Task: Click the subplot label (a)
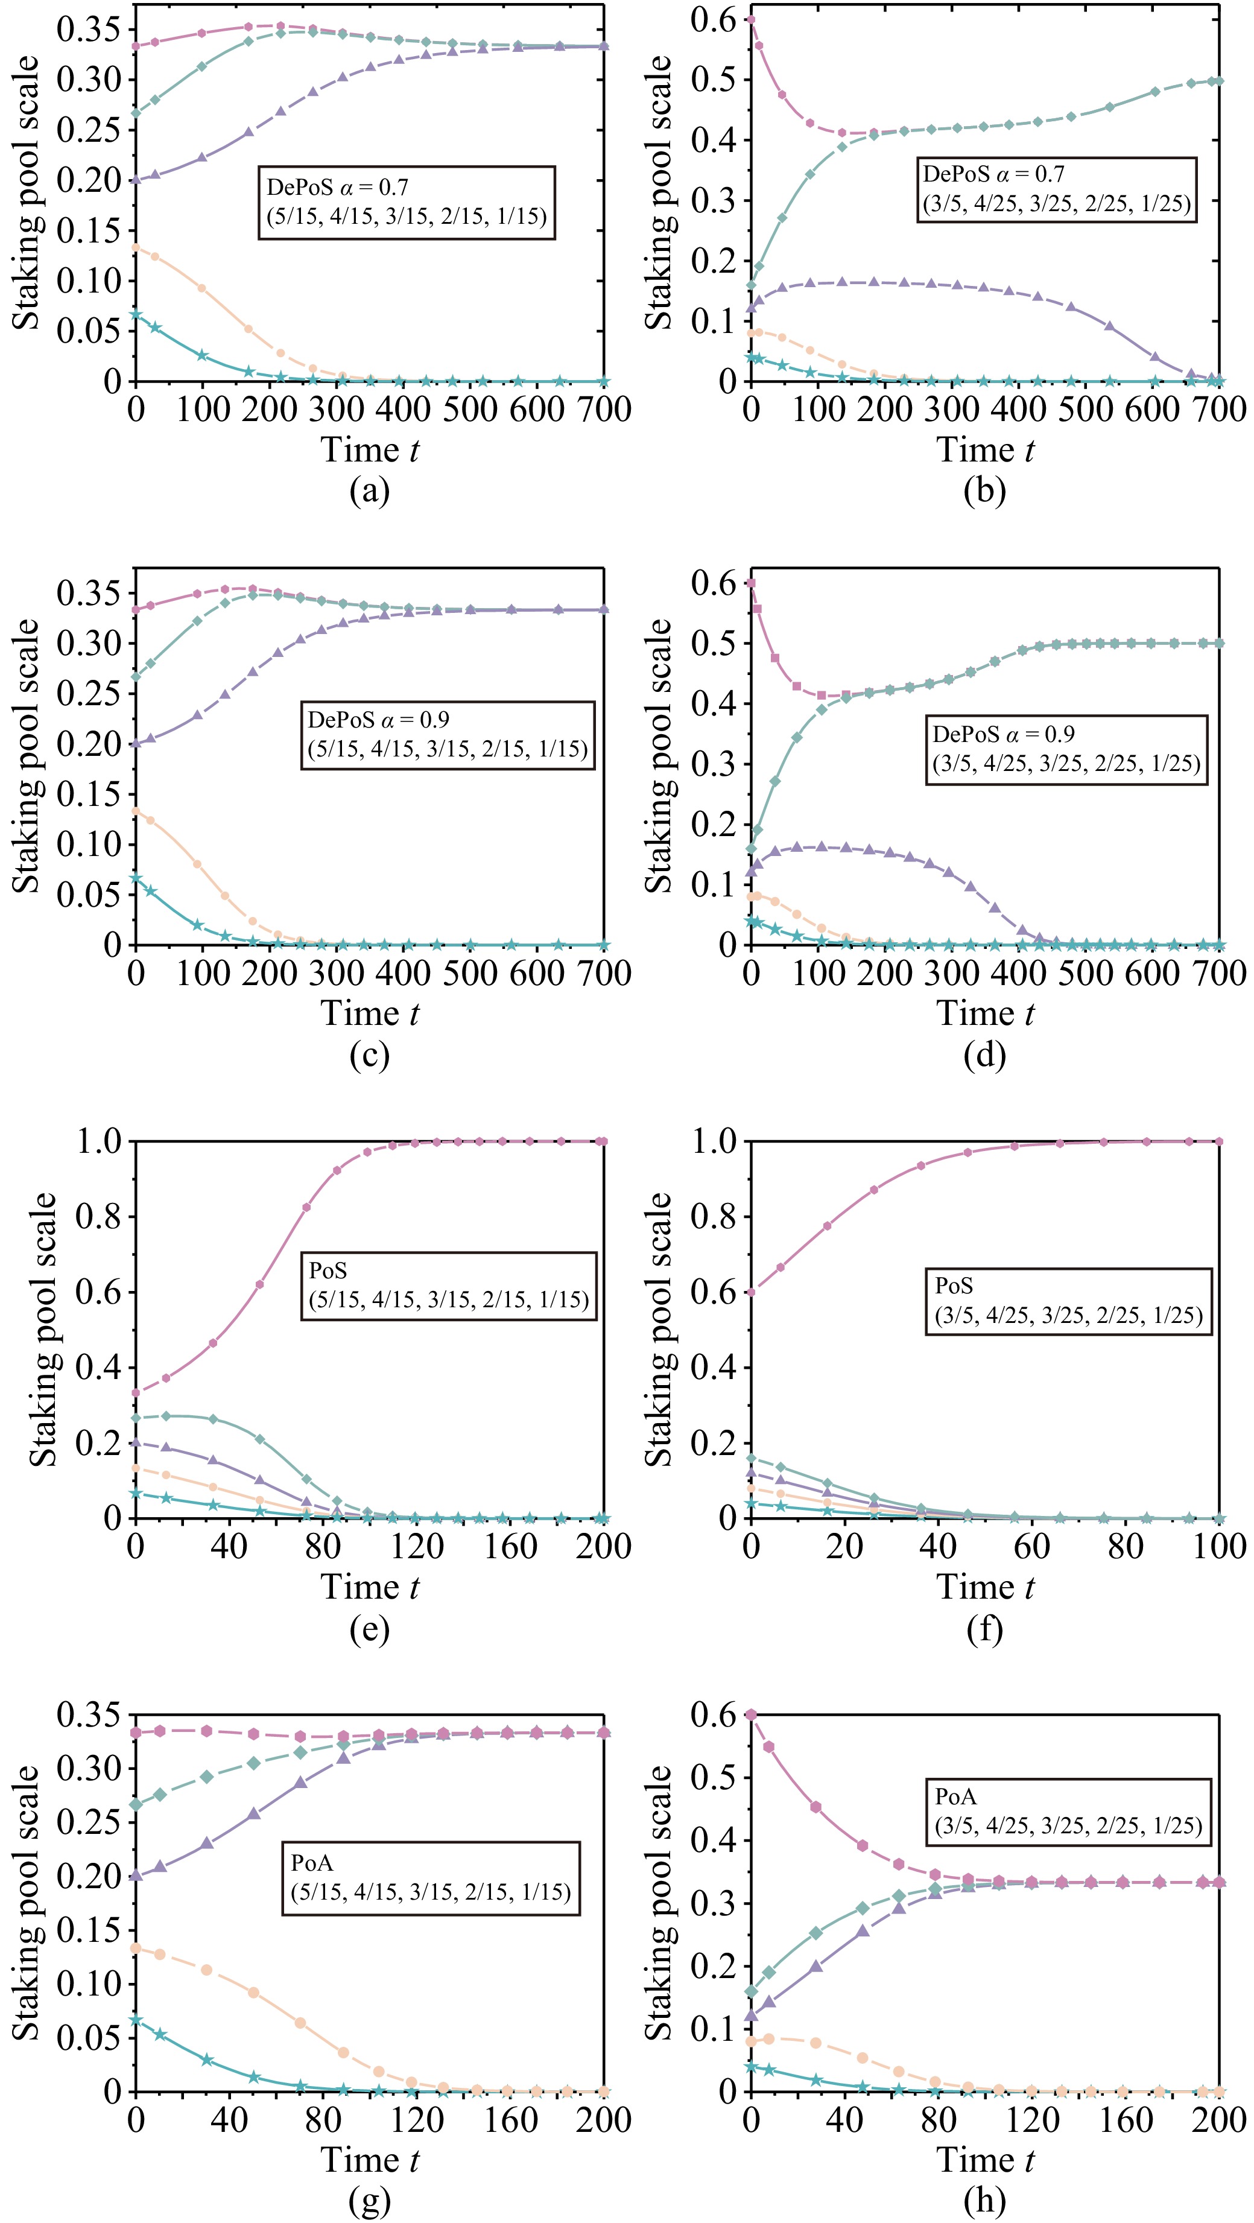[x=369, y=491]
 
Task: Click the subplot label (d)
[x=985, y=1054]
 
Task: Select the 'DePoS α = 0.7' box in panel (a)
[x=407, y=202]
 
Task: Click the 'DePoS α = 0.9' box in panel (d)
[x=1067, y=748]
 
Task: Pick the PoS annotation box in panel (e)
[x=449, y=1286]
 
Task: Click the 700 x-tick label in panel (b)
[x=1218, y=409]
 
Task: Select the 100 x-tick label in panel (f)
[x=1218, y=1546]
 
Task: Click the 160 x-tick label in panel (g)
[x=510, y=2119]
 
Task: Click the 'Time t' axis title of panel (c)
[x=369, y=1013]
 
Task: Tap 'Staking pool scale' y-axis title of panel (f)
[x=659, y=1329]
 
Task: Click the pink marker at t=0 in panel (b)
[x=751, y=19]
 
